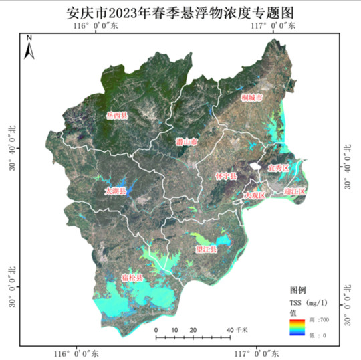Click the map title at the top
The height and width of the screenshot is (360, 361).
click(x=180, y=13)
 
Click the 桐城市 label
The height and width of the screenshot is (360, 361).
click(x=251, y=98)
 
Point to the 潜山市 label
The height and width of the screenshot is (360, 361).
click(x=186, y=143)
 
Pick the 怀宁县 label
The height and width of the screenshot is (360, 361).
click(x=226, y=176)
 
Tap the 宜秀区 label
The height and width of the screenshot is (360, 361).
click(x=277, y=167)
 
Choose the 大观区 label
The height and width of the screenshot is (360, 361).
click(x=255, y=195)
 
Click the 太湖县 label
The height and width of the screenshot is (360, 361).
click(x=115, y=191)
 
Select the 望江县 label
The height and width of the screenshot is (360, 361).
click(x=206, y=249)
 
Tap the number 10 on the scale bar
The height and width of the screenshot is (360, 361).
click(x=174, y=330)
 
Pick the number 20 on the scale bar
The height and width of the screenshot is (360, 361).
click(x=193, y=330)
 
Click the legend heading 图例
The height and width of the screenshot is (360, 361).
click(x=297, y=290)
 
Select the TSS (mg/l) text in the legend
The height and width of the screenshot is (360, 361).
click(x=308, y=302)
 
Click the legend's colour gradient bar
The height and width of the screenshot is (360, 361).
click(x=298, y=327)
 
